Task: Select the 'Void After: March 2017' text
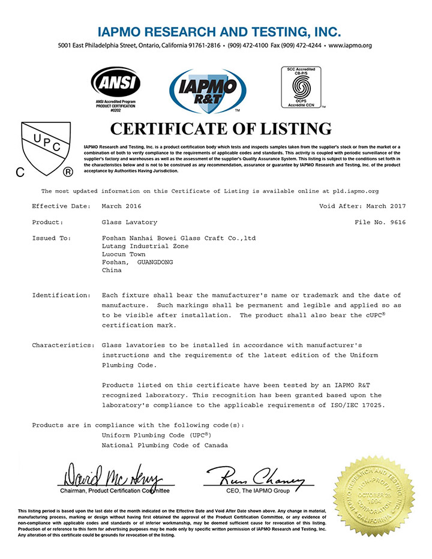point(362,206)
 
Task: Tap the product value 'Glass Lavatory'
point(130,222)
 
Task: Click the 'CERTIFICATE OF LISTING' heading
point(221,129)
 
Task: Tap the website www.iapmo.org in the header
point(350,46)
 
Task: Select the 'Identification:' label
point(62,295)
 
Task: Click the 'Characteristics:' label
point(63,345)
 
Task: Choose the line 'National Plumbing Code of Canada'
point(165,446)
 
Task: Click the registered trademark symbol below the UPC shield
point(68,173)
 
